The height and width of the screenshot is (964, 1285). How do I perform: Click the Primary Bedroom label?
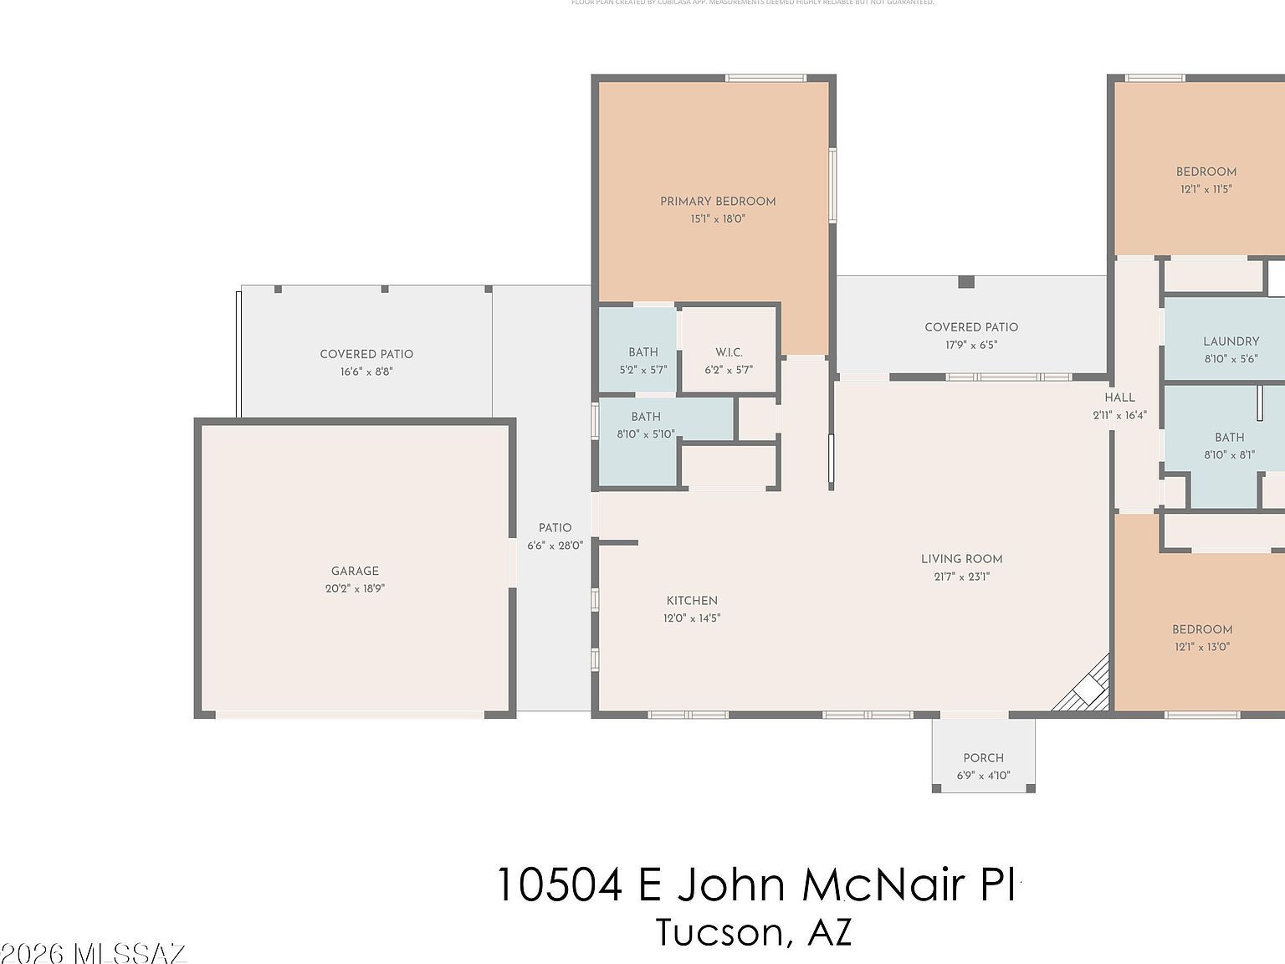[x=718, y=201]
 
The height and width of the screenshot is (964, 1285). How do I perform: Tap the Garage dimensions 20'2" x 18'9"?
[x=355, y=588]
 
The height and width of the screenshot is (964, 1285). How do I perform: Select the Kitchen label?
[x=692, y=600]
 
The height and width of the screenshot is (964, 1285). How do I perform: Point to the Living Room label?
[x=961, y=559]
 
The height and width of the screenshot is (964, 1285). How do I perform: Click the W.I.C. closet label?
[x=729, y=352]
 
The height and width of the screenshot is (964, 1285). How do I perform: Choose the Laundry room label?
[x=1231, y=341]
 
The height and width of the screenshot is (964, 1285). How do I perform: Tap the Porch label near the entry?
[x=983, y=757]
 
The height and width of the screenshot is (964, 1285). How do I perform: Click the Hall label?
[x=1119, y=397]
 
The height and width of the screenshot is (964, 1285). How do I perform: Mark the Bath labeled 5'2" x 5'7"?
[x=643, y=352]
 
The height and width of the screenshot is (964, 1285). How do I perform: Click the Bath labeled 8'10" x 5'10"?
[x=645, y=417]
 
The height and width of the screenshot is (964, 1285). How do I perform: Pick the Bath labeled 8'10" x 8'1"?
[x=1229, y=437]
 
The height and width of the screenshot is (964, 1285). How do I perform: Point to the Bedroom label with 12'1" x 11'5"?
[x=1206, y=172]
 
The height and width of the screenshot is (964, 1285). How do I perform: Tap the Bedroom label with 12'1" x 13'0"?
[x=1201, y=629]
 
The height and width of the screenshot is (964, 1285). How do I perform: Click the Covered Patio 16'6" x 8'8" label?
[x=366, y=354]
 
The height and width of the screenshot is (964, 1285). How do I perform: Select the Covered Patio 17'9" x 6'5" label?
[x=971, y=327]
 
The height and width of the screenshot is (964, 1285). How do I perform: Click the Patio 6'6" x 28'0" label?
[x=555, y=527]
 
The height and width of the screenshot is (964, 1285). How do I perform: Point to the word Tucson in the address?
[x=720, y=932]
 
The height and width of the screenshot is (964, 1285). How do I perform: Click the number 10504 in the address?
[x=560, y=885]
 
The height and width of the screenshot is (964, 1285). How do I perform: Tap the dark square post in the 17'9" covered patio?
[x=966, y=282]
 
